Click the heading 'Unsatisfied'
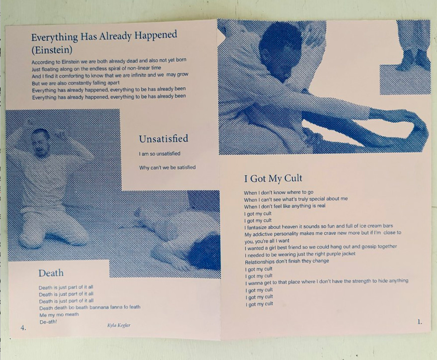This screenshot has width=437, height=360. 164,139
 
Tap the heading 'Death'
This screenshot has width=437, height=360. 51,273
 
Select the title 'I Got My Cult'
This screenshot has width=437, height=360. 273,179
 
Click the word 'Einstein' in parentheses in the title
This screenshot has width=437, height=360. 52,50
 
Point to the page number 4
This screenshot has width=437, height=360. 23,328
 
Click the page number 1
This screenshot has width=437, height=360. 420,322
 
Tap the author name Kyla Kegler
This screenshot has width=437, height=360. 119,325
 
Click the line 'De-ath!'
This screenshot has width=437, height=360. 48,322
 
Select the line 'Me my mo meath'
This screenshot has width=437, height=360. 59,315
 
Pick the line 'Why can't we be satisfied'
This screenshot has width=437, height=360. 167,168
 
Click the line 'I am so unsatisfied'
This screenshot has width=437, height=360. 160,154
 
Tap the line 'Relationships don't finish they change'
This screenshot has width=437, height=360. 287,262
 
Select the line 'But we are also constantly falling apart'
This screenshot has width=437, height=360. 76,83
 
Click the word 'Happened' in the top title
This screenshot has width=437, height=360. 156,35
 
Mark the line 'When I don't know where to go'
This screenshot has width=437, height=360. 278,192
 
